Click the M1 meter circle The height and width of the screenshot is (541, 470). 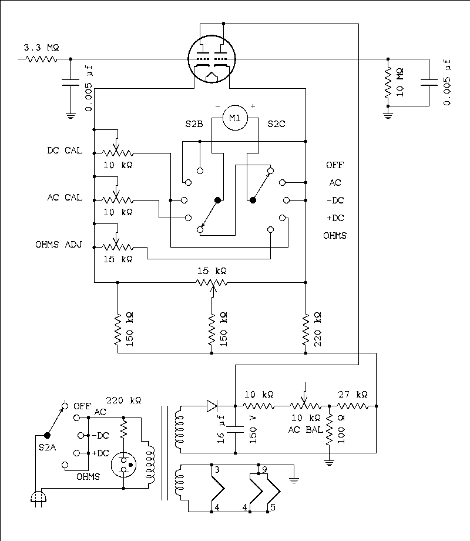click(234, 118)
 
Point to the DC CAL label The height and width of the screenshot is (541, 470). click(65, 151)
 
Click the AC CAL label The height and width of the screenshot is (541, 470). click(65, 198)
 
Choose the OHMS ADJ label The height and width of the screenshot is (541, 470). click(62, 245)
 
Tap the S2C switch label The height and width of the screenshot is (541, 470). click(278, 124)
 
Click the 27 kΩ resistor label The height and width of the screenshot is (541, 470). click(352, 394)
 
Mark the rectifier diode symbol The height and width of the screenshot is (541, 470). click(213, 405)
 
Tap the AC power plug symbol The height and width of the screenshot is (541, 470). click(39, 498)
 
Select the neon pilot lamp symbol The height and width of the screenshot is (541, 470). click(125, 463)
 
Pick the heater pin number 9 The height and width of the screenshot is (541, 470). click(265, 469)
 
